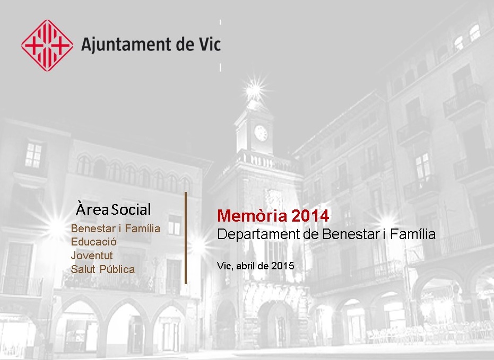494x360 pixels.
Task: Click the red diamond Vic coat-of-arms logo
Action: point(47,45)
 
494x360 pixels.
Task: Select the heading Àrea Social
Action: point(114,209)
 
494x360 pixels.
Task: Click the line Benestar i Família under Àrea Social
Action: point(116,228)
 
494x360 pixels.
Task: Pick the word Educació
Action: point(93,242)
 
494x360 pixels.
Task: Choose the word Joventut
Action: point(92,255)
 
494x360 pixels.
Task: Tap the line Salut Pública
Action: point(103,269)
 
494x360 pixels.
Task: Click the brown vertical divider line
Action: point(186,238)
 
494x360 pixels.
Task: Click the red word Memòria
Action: point(252,216)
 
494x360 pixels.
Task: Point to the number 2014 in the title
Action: point(310,216)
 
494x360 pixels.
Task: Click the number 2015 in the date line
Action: point(283,266)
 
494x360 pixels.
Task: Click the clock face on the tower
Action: point(261,133)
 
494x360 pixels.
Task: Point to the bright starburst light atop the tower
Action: point(254,90)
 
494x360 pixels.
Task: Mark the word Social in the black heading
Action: point(132,209)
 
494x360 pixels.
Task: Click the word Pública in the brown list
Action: point(117,269)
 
